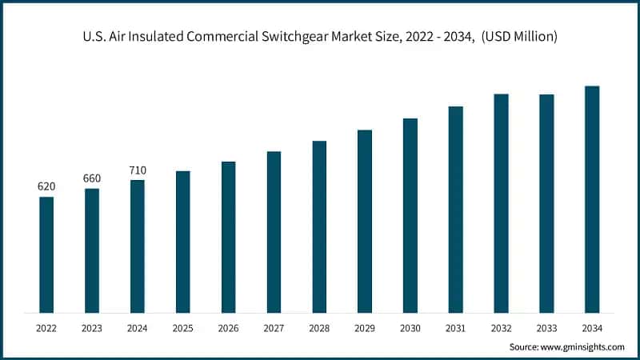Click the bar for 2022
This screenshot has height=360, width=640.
tap(46, 254)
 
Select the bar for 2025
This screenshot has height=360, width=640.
tap(183, 242)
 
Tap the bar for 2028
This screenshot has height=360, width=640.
tap(319, 226)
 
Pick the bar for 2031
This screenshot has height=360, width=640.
tap(456, 209)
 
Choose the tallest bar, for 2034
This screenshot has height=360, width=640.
tap(592, 199)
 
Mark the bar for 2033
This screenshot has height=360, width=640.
tap(546, 203)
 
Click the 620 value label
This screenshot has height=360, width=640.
tap(46, 186)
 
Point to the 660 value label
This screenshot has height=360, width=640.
tap(92, 178)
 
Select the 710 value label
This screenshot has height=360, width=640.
tap(138, 170)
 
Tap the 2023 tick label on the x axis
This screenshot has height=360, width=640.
tap(92, 328)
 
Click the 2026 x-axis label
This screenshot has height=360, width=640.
tap(228, 328)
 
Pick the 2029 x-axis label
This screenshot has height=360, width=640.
tap(365, 328)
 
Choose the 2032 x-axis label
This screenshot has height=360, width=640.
tap(501, 328)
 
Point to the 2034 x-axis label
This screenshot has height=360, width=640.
tap(592, 328)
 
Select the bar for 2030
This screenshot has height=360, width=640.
tap(410, 215)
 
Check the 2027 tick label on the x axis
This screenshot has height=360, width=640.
tap(274, 328)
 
